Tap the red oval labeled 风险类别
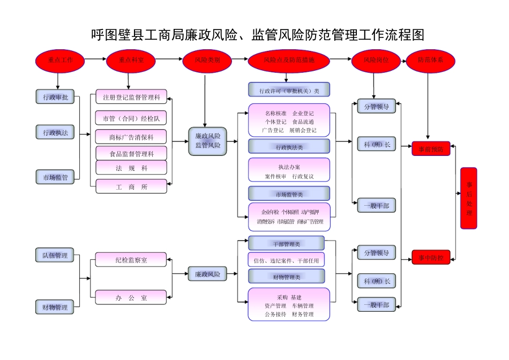tap(206, 61)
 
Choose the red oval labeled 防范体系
tap(430, 61)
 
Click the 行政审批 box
tap(55, 97)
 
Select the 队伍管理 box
tap(55, 256)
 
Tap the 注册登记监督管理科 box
tap(131, 97)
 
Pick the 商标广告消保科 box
tap(131, 137)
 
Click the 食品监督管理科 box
tap(131, 154)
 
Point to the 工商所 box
tap(131, 187)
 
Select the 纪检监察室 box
tap(131, 260)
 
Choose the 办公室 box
tap(131, 297)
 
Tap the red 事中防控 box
tap(430, 258)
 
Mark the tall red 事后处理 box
tap(469, 198)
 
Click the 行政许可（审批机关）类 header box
tap(289, 90)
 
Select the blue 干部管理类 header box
tap(287, 244)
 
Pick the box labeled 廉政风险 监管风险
tap(207, 141)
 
